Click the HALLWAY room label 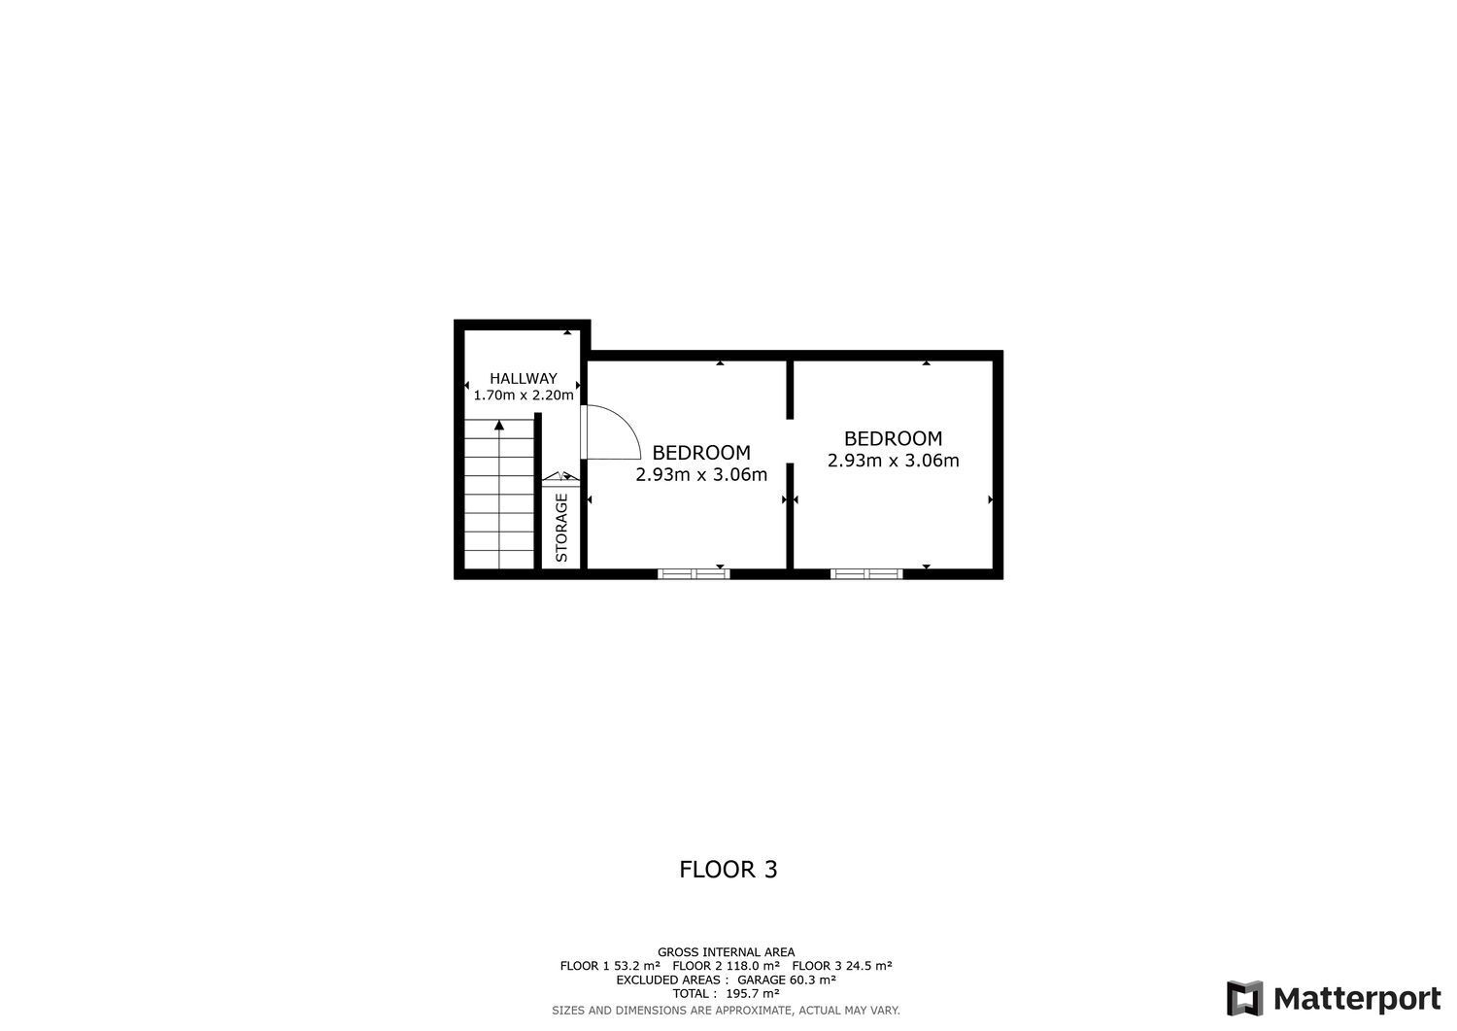click(x=523, y=379)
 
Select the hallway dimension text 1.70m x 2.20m click(x=523, y=395)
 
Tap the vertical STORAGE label click(x=561, y=528)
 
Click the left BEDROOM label click(x=701, y=453)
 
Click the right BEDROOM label click(x=893, y=438)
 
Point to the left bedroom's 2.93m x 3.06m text click(x=701, y=475)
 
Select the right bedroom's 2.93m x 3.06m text click(x=893, y=461)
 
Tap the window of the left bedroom click(x=694, y=573)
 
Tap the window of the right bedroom click(x=866, y=573)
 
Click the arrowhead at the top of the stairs click(x=499, y=425)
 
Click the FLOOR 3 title click(x=728, y=869)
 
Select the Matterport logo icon click(x=1244, y=999)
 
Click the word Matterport click(x=1357, y=999)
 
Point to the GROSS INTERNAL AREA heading click(x=726, y=952)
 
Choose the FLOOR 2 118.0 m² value click(x=726, y=966)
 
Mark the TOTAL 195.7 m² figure click(x=726, y=993)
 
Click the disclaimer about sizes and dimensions click(x=726, y=1011)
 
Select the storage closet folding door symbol click(x=560, y=476)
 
